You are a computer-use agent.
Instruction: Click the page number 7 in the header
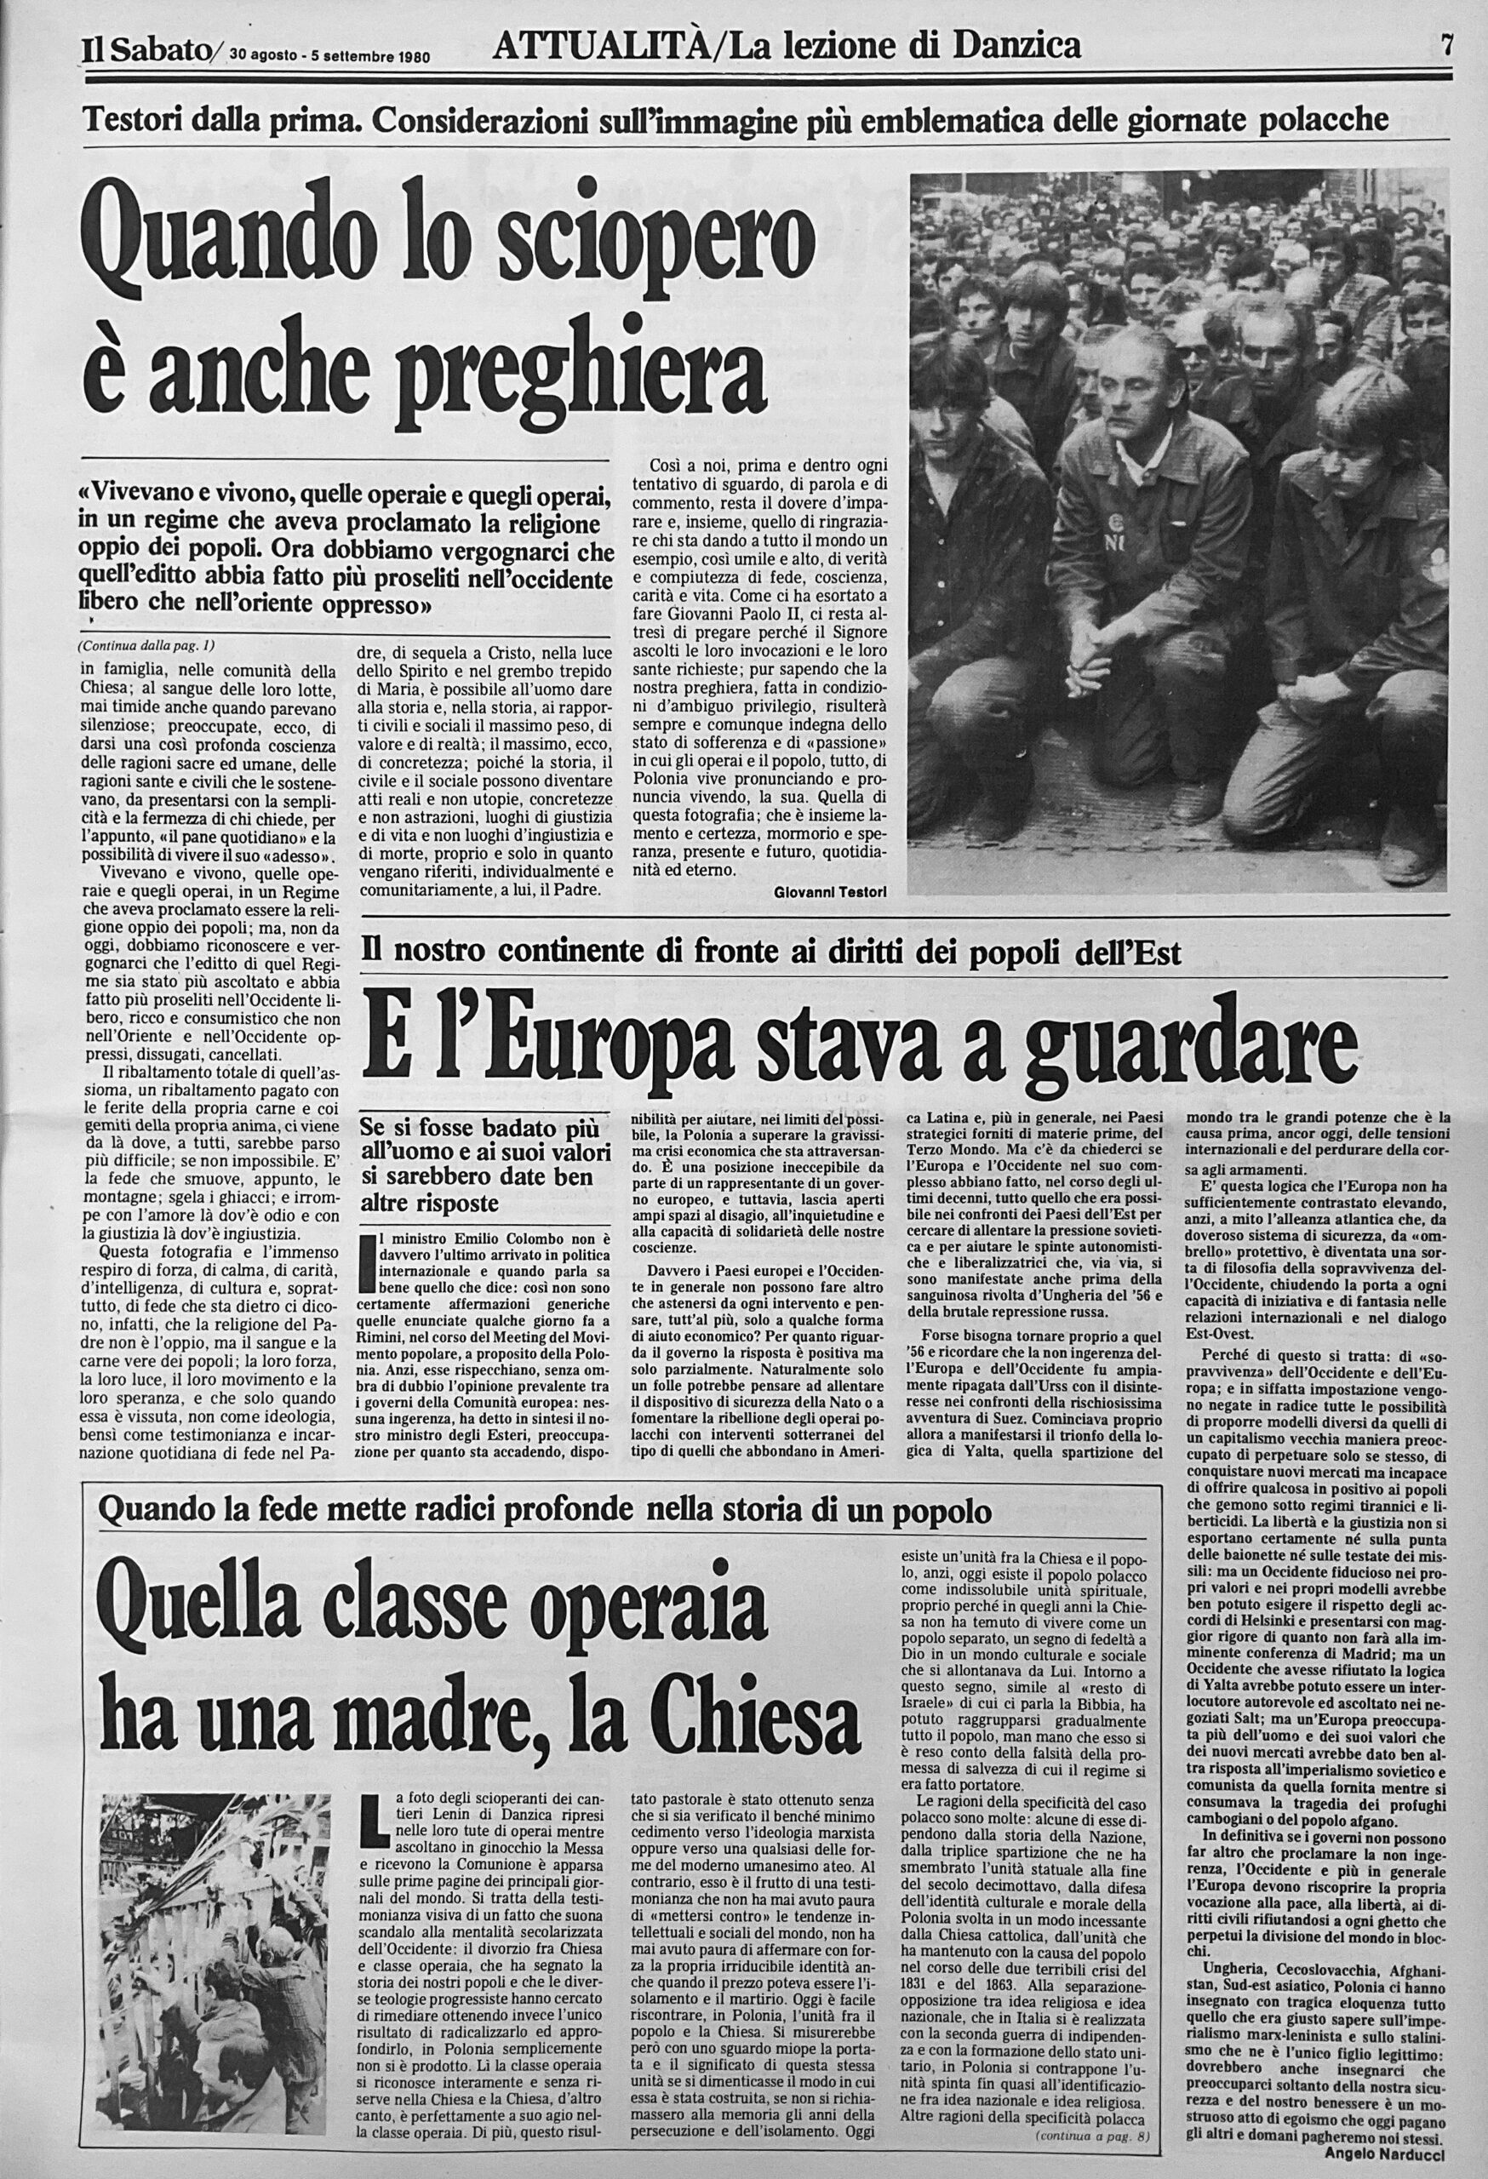pyautogui.click(x=1447, y=44)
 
